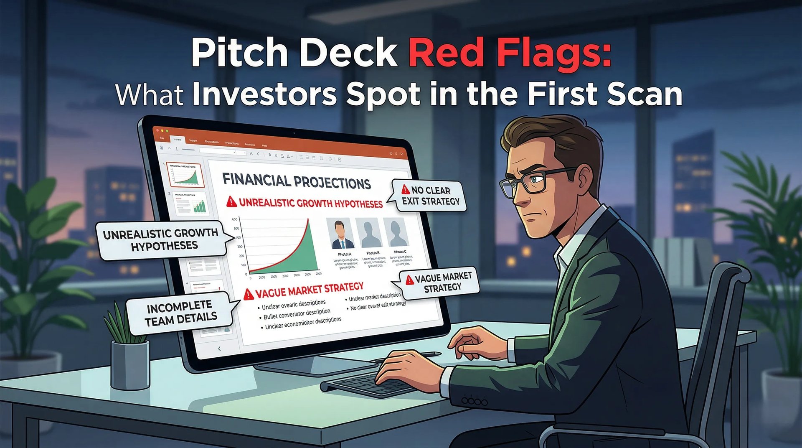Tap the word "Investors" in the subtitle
coord(264,94)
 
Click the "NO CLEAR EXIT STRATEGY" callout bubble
coord(430,196)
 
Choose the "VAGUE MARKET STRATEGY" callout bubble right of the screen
coord(442,282)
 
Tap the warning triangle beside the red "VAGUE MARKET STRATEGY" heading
coord(248,295)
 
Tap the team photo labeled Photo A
coord(342,234)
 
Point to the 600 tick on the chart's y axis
coord(235,219)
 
